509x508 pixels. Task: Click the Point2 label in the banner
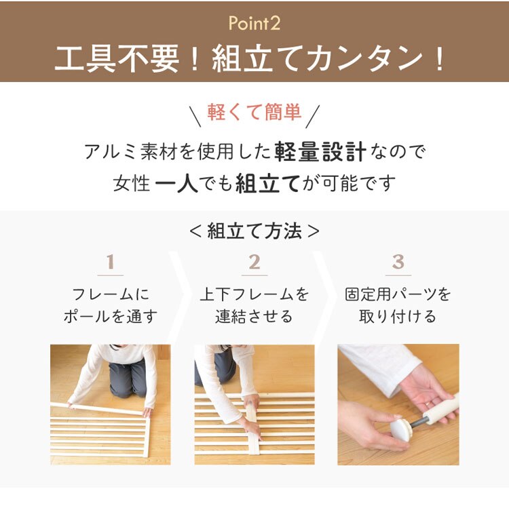[254, 24]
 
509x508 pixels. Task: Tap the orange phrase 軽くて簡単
[254, 112]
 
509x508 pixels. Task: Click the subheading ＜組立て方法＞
[254, 231]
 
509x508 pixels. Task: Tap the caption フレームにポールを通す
[110, 306]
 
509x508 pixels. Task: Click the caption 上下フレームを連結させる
[254, 306]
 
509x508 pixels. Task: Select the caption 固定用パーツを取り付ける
[398, 306]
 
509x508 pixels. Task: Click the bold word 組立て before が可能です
[267, 184]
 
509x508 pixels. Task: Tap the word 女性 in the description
[132, 184]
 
